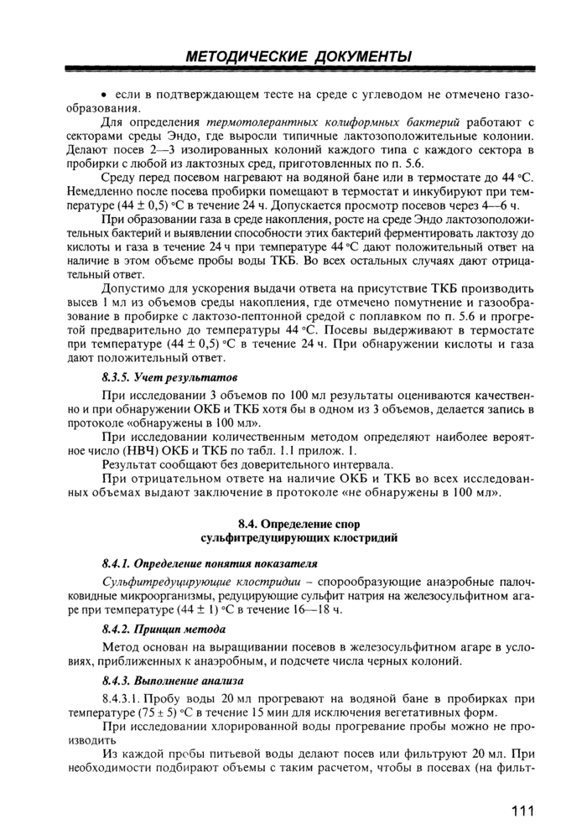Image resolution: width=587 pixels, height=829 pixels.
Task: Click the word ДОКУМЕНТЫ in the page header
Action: tap(363, 57)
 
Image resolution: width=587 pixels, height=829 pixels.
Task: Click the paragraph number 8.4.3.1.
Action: tap(126, 698)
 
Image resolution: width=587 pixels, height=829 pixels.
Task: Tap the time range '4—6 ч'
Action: tap(501, 205)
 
